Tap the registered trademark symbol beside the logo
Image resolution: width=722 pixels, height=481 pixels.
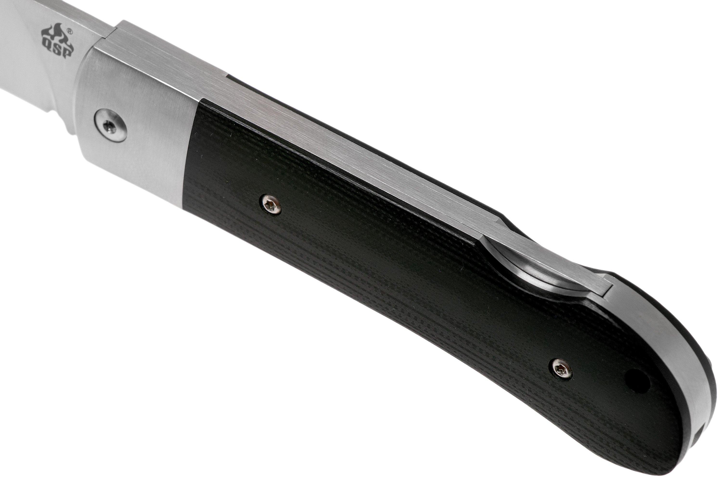pos(70,31)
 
